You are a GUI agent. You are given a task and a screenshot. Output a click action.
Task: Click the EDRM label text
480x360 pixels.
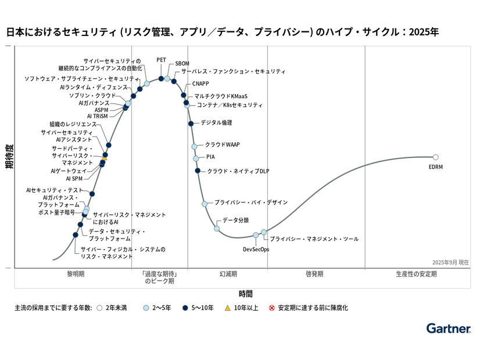point(436,167)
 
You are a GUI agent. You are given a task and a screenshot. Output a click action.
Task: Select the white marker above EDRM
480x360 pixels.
point(436,157)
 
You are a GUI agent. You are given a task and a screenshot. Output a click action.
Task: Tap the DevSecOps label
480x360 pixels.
point(256,249)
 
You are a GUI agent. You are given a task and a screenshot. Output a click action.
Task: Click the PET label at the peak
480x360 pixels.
point(161,60)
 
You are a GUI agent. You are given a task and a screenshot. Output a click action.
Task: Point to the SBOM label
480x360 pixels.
point(182,64)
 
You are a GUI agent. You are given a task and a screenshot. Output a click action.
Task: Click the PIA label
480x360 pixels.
point(210,157)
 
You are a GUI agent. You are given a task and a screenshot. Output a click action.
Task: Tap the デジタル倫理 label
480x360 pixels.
point(216,123)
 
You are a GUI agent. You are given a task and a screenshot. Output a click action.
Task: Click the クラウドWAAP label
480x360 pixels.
point(223,145)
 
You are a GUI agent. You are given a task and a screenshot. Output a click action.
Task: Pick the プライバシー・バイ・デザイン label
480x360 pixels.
point(251,202)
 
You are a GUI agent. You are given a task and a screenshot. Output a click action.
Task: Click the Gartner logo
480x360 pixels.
point(448,329)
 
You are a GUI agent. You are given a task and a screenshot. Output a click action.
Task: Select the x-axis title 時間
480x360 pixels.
point(246,294)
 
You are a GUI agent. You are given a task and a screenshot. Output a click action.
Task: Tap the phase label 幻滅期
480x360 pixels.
point(228,273)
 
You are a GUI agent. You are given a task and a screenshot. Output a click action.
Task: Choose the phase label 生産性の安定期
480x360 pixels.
point(416,273)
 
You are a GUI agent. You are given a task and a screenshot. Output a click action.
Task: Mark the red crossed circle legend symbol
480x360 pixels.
point(271,308)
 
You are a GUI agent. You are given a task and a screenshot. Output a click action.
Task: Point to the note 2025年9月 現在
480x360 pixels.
point(450,262)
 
